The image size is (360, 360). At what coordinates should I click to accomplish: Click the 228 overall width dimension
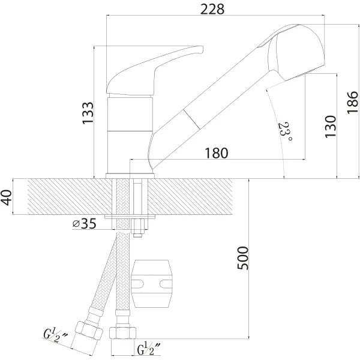point(212,10)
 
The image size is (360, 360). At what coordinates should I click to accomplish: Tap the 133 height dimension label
point(88,113)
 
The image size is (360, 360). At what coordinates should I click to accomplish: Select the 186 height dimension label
point(352,103)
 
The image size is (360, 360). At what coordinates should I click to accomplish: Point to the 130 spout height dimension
point(331,127)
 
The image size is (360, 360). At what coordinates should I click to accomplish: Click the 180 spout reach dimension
point(216,153)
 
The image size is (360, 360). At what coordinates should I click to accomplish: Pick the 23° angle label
point(284,131)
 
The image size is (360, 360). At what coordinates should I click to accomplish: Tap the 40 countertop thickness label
point(6,197)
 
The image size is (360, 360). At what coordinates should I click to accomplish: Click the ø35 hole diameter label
point(84,223)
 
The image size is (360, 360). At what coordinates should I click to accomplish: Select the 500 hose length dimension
point(243,258)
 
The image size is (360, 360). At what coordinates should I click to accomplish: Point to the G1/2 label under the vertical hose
point(149,349)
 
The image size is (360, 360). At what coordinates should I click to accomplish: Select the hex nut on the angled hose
point(89,331)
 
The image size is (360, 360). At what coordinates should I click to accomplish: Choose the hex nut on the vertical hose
point(122,332)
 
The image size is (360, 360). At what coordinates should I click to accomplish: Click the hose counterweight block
point(152,284)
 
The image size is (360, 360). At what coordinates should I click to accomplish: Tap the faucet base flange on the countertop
point(130,176)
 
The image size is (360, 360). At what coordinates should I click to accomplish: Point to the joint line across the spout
point(191,119)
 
